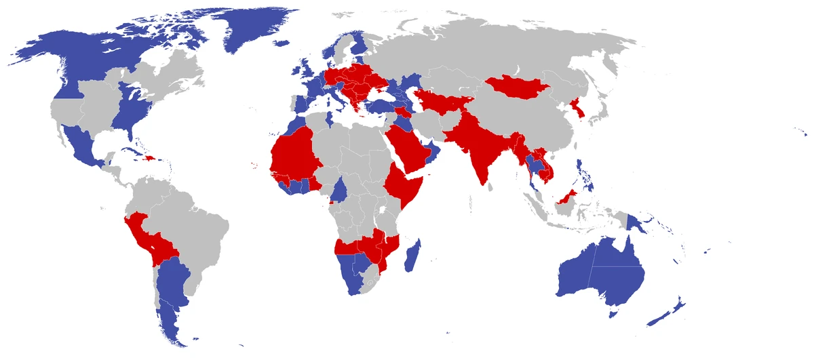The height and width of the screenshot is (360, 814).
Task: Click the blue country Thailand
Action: [536, 165]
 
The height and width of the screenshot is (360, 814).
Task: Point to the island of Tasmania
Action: [615, 311]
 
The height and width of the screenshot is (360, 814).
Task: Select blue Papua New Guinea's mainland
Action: [638, 224]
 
